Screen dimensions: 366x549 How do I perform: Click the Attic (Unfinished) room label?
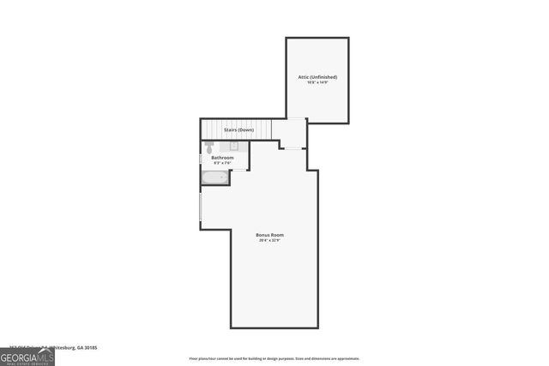(317, 77)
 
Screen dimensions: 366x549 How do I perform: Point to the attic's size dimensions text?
(317, 83)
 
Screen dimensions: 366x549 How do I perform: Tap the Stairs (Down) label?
(239, 129)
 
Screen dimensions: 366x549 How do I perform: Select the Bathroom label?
(222, 158)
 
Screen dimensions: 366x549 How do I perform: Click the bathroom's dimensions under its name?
(222, 164)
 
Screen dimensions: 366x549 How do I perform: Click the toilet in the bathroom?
(208, 147)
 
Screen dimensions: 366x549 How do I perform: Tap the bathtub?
(215, 178)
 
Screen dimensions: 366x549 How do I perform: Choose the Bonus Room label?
(270, 235)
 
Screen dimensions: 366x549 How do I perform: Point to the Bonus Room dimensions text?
(270, 241)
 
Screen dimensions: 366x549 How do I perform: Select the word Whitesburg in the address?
(60, 348)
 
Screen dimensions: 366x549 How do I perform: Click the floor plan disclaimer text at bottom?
(274, 359)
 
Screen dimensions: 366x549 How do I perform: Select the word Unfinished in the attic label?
(323, 77)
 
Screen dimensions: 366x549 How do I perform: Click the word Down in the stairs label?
(247, 129)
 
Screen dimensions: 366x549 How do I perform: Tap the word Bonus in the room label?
(263, 235)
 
